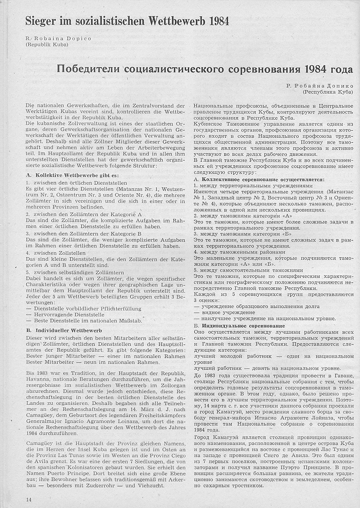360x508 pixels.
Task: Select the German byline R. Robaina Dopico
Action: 59,39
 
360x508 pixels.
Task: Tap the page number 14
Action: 29,499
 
